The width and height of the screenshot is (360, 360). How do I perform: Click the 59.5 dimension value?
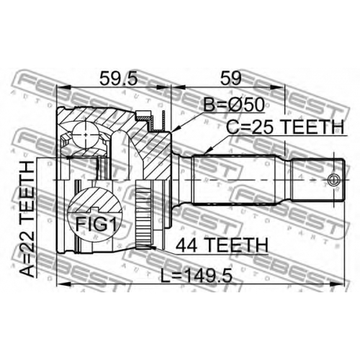tap(118, 78)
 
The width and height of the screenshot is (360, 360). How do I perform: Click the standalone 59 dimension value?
tap(230, 78)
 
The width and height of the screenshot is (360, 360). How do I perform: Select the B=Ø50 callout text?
tap(234, 104)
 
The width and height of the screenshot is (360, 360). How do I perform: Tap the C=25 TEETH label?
tap(285, 127)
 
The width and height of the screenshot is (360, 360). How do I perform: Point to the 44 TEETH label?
tap(222, 245)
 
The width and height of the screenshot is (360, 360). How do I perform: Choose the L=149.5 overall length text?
tap(197, 275)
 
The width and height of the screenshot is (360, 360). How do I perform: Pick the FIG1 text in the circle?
tap(96, 225)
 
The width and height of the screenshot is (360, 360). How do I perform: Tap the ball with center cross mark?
tap(86, 135)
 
